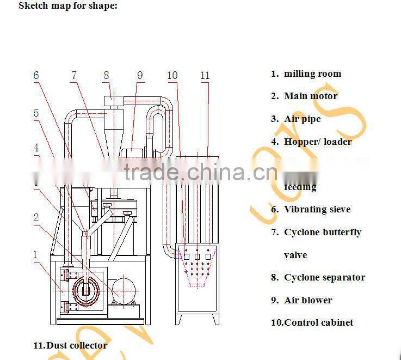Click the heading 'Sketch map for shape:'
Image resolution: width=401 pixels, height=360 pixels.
[67, 6]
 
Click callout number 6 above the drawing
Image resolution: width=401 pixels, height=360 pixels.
[36, 75]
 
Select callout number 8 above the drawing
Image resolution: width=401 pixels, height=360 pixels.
[106, 75]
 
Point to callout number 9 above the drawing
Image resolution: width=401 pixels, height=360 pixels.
[140, 75]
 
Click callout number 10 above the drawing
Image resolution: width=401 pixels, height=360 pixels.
[172, 75]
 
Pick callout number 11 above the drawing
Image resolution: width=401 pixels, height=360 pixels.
[205, 75]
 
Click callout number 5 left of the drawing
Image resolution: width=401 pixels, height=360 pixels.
[36, 113]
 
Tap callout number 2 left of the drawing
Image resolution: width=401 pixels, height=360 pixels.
[36, 218]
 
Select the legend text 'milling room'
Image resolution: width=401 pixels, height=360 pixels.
[312, 74]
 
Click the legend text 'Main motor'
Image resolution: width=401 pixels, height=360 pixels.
[311, 96]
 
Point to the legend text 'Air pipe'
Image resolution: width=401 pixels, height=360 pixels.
[302, 119]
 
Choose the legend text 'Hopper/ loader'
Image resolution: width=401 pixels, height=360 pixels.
[318, 142]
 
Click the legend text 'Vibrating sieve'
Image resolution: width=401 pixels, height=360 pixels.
[317, 209]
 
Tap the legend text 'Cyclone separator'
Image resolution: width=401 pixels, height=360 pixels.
[324, 277]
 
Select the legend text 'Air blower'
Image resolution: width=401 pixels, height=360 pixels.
[308, 300]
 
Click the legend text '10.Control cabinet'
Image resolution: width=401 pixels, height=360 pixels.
[312, 322]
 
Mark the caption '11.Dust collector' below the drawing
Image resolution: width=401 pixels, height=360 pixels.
[70, 345]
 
